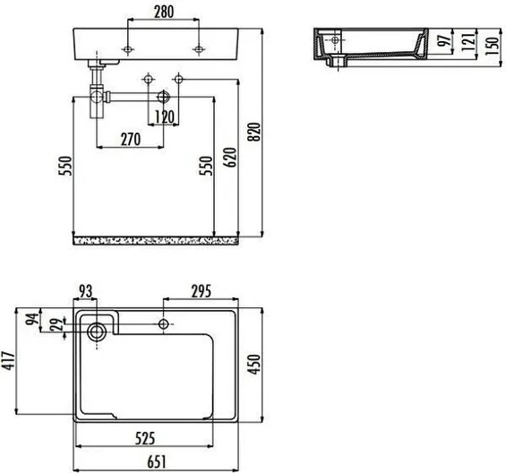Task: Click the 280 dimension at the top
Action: tap(164, 12)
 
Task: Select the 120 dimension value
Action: tap(165, 117)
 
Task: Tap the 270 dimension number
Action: tap(131, 140)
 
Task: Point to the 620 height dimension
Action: tap(230, 158)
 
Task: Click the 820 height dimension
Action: tap(254, 132)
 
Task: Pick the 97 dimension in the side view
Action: tap(444, 39)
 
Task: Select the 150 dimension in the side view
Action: tap(492, 47)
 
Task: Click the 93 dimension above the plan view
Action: tap(85, 291)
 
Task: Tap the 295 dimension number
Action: tap(202, 291)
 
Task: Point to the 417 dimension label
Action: tap(8, 361)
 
